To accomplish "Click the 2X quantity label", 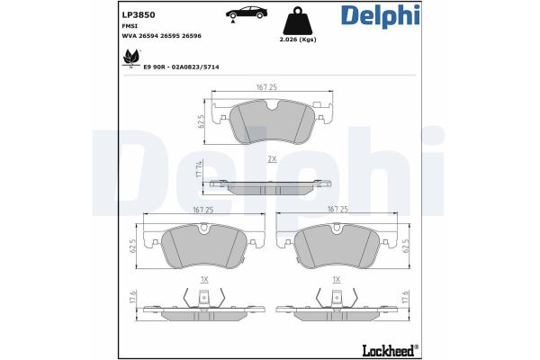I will pyautogui.click(x=271, y=159).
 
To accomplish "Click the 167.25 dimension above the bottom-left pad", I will pyautogui.click(x=202, y=209).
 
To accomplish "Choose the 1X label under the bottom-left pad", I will pyautogui.click(x=204, y=280).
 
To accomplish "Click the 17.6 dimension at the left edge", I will pyautogui.click(x=131, y=298).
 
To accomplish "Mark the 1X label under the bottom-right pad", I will pyautogui.click(x=336, y=280).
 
